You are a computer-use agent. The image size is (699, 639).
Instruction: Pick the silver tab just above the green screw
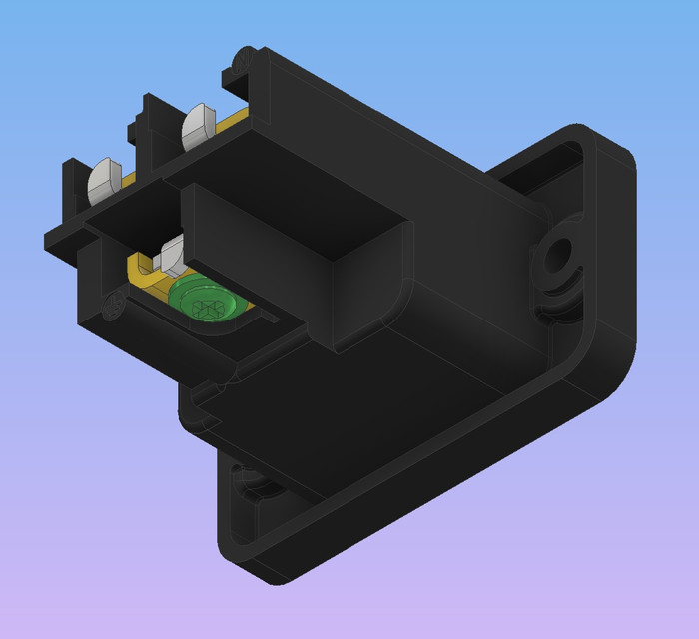tap(172, 253)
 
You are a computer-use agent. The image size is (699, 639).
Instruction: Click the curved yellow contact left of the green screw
tap(144, 273)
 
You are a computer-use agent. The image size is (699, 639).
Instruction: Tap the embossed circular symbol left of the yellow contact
tap(114, 305)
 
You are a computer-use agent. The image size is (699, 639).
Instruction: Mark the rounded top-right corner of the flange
tap(609, 145)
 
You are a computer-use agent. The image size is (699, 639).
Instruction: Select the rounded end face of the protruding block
tap(369, 285)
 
